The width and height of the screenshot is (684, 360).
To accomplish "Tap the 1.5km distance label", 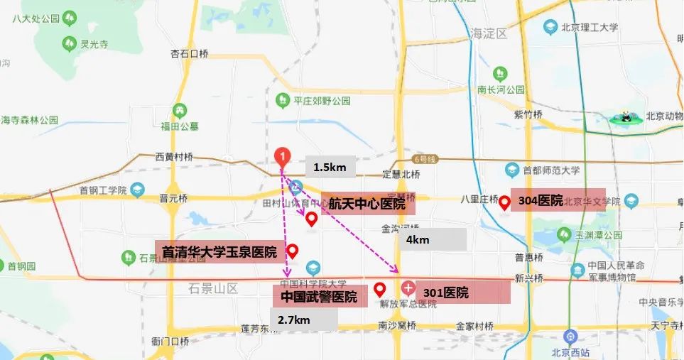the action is pyautogui.click(x=330, y=167).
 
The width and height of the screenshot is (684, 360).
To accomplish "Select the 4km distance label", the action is pyautogui.click(x=431, y=240).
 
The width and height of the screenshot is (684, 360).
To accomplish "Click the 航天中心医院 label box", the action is pyautogui.click(x=367, y=204).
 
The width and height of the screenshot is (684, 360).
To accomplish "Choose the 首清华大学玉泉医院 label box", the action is pyautogui.click(x=219, y=251).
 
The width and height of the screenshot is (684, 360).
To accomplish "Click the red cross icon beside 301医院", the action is pyautogui.click(x=408, y=289).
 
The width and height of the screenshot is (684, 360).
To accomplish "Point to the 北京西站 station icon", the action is pyautogui.click(x=568, y=336).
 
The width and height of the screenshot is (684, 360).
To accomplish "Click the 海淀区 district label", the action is pyautogui.click(x=488, y=33).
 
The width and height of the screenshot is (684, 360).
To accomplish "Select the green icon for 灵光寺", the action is pyautogui.click(x=69, y=43).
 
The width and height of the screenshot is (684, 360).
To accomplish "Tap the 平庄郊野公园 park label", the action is pyautogui.click(x=322, y=101).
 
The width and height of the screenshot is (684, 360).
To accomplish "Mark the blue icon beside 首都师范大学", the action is pyautogui.click(x=511, y=170).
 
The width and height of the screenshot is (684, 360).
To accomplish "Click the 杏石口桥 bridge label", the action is pyautogui.click(x=189, y=53).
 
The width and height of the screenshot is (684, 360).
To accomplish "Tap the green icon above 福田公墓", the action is pyautogui.click(x=180, y=111).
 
